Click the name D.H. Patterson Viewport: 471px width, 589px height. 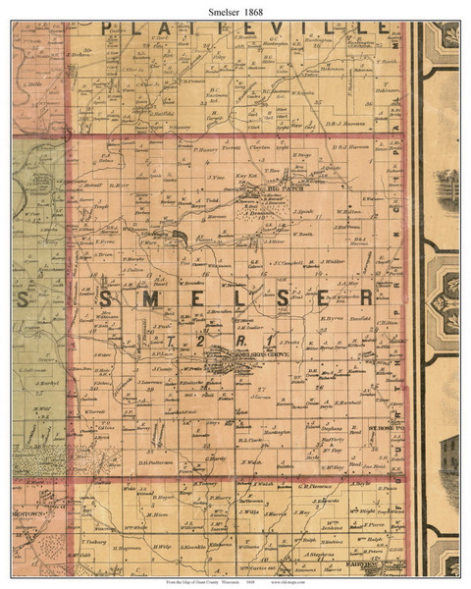(156, 462)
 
